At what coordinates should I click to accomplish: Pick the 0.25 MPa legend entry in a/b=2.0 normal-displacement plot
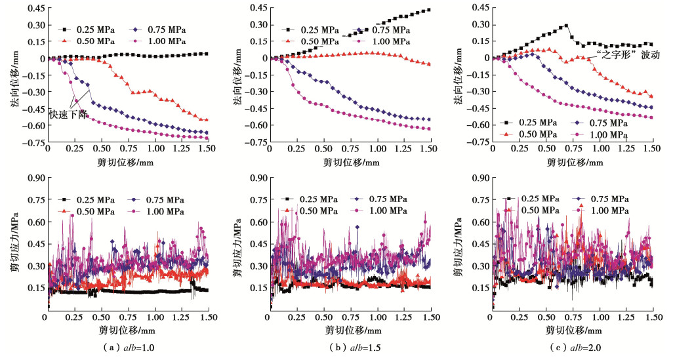537,123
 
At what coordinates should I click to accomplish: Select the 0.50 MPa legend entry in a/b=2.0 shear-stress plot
537,209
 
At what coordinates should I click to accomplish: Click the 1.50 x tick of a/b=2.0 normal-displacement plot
652,150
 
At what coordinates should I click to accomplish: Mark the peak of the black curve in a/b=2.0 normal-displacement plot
566,26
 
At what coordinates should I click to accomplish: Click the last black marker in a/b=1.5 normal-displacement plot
428,10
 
